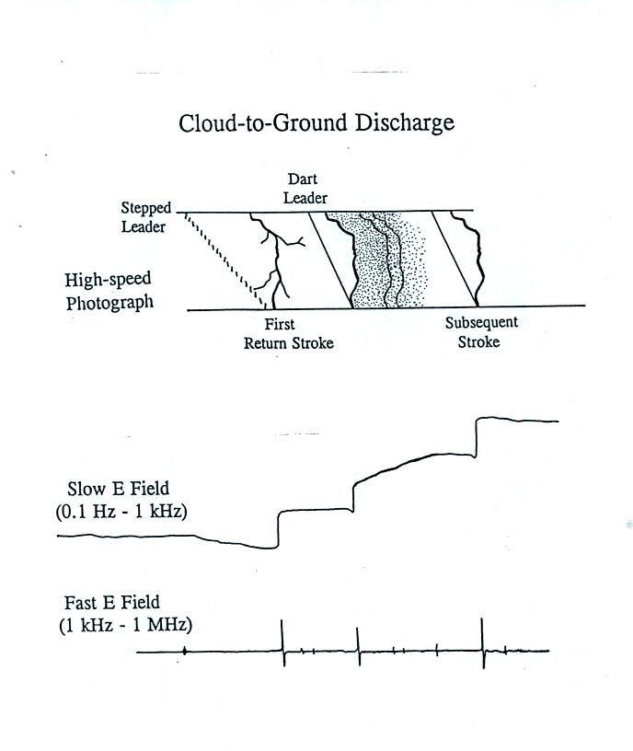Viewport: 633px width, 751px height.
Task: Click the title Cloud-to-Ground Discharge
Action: (x=316, y=123)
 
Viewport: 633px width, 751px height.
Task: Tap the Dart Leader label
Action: (x=305, y=189)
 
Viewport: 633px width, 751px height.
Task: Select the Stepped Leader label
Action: (x=145, y=217)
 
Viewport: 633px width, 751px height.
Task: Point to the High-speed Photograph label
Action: (x=109, y=291)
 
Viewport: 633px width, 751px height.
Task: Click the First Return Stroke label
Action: (x=288, y=334)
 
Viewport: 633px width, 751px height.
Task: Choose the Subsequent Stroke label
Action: (x=481, y=332)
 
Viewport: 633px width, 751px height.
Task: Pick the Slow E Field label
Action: (x=118, y=489)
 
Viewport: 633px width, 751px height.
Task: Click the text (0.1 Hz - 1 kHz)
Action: (x=121, y=512)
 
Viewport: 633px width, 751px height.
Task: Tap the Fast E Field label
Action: (x=111, y=603)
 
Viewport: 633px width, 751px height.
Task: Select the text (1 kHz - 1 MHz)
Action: (x=125, y=625)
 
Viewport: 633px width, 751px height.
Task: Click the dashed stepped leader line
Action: (x=224, y=260)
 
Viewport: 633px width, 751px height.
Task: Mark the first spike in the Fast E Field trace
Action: (x=282, y=642)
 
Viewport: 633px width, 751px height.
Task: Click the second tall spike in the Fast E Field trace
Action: (x=358, y=646)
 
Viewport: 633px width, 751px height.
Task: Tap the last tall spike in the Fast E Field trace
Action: (x=483, y=643)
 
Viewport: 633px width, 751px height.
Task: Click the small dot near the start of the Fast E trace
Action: (x=185, y=651)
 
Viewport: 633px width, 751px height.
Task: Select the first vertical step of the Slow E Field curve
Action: (x=278, y=529)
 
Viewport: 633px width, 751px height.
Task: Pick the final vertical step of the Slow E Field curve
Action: (x=476, y=438)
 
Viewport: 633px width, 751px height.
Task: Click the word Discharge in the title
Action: (x=404, y=123)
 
